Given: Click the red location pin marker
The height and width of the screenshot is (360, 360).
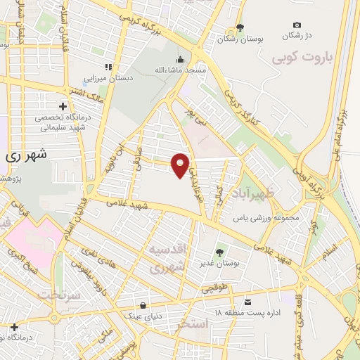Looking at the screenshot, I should tap(181, 165).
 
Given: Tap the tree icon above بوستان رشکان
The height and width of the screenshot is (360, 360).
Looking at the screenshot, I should tap(240, 28).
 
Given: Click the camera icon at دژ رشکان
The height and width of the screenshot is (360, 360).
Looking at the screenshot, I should tap(296, 25).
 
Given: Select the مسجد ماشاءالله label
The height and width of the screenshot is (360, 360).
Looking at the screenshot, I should tap(181, 71).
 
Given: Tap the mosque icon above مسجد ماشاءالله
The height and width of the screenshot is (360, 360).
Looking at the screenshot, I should tap(181, 59).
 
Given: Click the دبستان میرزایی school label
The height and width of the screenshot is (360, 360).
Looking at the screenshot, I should tap(108, 78).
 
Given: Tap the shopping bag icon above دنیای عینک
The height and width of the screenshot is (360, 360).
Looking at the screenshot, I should tap(143, 304).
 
